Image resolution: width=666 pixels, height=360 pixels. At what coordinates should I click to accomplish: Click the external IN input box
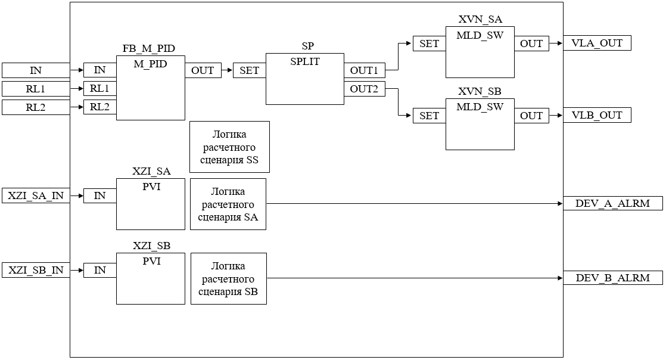(36, 70)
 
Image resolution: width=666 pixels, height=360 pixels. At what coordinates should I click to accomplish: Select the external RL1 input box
(36, 89)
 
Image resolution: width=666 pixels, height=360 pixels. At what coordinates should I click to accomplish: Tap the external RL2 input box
(36, 107)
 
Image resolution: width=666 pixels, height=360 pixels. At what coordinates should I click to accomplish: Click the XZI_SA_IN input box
(36, 195)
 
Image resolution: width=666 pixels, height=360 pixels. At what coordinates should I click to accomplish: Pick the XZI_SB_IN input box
(36, 270)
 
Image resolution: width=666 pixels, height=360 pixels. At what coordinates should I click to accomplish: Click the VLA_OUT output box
(597, 43)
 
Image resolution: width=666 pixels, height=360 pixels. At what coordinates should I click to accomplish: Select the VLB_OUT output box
(597, 116)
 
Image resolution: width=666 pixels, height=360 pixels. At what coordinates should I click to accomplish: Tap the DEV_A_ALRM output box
(613, 203)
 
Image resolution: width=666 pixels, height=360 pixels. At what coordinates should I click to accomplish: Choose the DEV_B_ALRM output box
(613, 278)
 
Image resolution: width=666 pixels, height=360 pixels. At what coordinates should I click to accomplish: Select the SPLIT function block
(304, 79)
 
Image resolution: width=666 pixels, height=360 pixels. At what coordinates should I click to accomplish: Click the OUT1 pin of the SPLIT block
(364, 70)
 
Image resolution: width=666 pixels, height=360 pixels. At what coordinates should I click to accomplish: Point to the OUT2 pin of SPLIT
(364, 89)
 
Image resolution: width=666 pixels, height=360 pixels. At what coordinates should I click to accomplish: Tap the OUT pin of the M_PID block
(203, 70)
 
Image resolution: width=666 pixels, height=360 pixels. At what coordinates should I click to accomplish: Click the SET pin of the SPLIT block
(249, 70)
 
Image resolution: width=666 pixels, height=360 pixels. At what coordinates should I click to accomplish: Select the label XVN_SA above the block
(480, 20)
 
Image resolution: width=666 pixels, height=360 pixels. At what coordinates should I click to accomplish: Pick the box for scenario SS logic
(229, 147)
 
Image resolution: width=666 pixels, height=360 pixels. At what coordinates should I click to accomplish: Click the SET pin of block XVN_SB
(429, 116)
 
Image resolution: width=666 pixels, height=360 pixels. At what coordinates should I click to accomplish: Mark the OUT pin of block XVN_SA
(531, 44)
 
